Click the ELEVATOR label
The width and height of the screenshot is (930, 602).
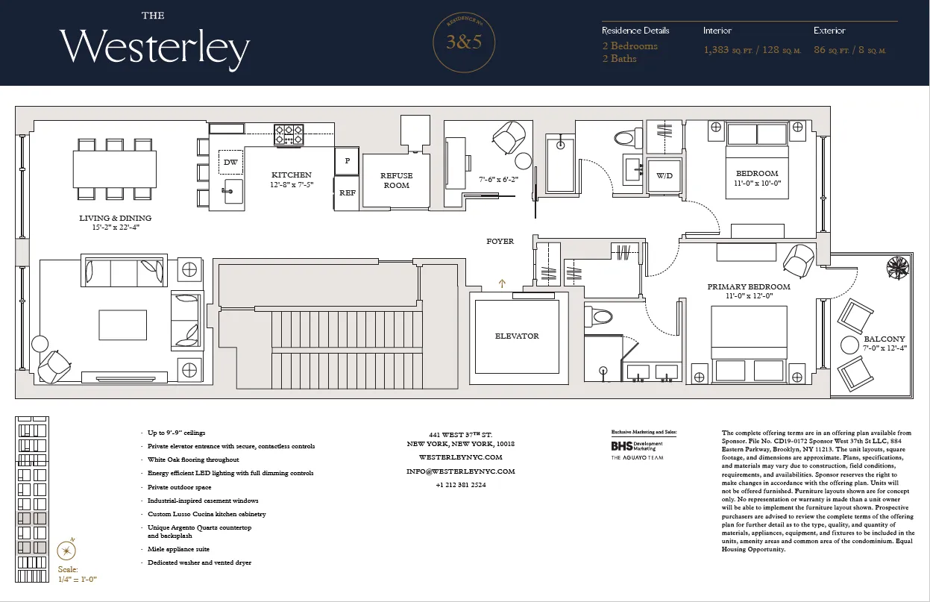517,336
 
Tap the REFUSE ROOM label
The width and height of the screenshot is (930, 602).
397,181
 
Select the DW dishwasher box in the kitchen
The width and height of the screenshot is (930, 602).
230,162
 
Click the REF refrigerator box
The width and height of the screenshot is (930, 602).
347,192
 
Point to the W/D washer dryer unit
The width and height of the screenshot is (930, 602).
664,177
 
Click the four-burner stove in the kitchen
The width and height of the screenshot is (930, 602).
289,134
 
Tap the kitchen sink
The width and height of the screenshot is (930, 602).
232,190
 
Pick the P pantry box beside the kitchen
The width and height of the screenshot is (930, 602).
347,160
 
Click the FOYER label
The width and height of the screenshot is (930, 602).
500,242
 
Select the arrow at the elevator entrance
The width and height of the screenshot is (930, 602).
502,283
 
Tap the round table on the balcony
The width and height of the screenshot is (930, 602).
849,345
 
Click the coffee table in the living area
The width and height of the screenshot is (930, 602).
123,324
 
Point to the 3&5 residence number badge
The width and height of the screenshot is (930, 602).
464,43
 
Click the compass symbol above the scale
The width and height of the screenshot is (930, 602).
67,551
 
